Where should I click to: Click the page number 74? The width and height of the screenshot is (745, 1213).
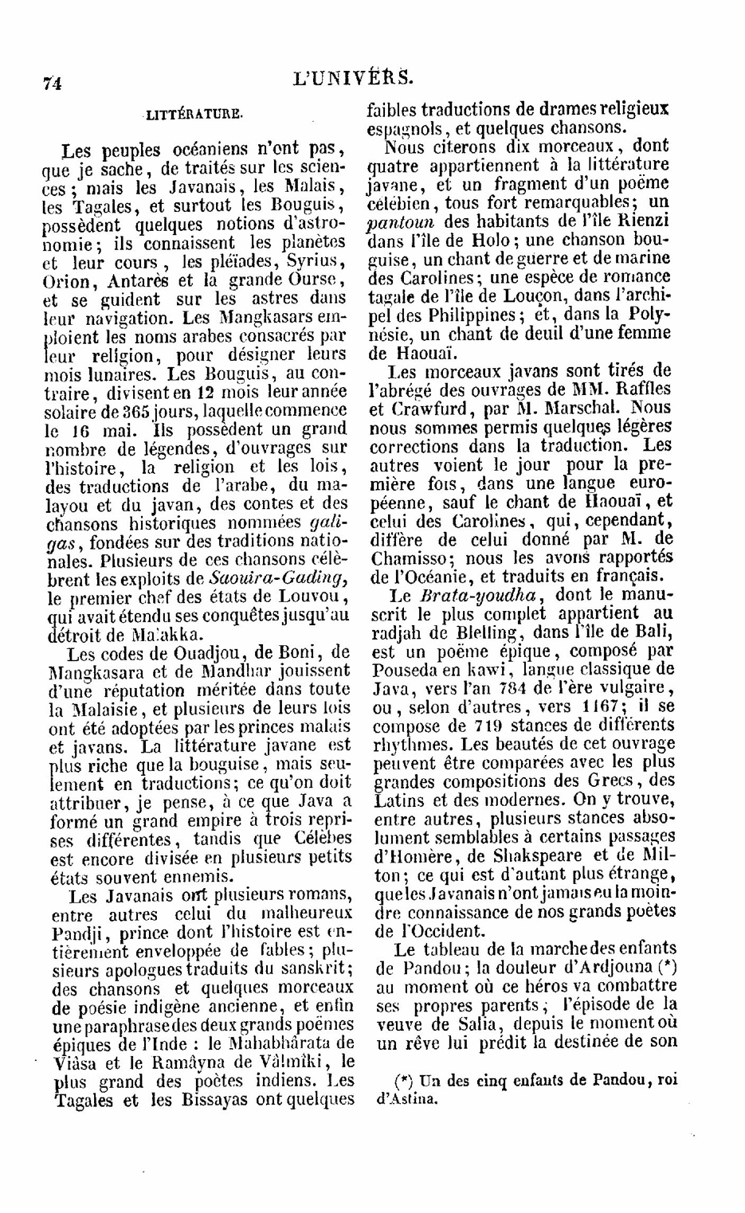(x=53, y=82)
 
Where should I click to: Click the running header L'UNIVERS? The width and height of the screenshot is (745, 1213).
(x=354, y=77)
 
